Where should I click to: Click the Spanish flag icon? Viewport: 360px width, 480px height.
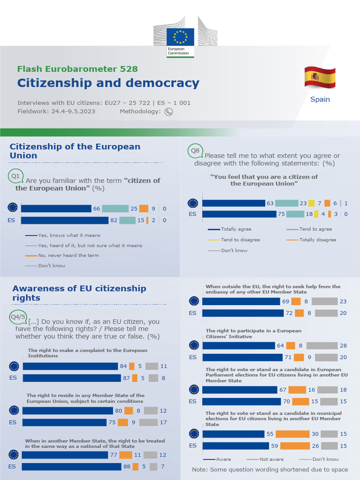click(320, 77)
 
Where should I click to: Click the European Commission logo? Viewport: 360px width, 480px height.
click(180, 42)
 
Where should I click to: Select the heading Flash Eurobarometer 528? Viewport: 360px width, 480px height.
click(77, 69)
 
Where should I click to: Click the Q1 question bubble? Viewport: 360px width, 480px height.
click(15, 176)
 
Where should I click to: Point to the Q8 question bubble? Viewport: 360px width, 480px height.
click(195, 150)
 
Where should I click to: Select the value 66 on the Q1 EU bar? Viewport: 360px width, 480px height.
click(97, 209)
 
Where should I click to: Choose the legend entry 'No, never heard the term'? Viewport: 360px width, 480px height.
click(68, 255)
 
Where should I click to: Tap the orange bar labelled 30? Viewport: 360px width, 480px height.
click(292, 434)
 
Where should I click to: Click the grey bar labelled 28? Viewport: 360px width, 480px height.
click(323, 345)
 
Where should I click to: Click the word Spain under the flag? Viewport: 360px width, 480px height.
click(320, 99)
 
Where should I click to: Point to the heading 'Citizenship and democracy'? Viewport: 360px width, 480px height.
click(108, 83)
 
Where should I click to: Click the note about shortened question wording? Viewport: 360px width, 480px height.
click(270, 470)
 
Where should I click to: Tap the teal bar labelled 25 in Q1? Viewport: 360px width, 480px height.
click(115, 209)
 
